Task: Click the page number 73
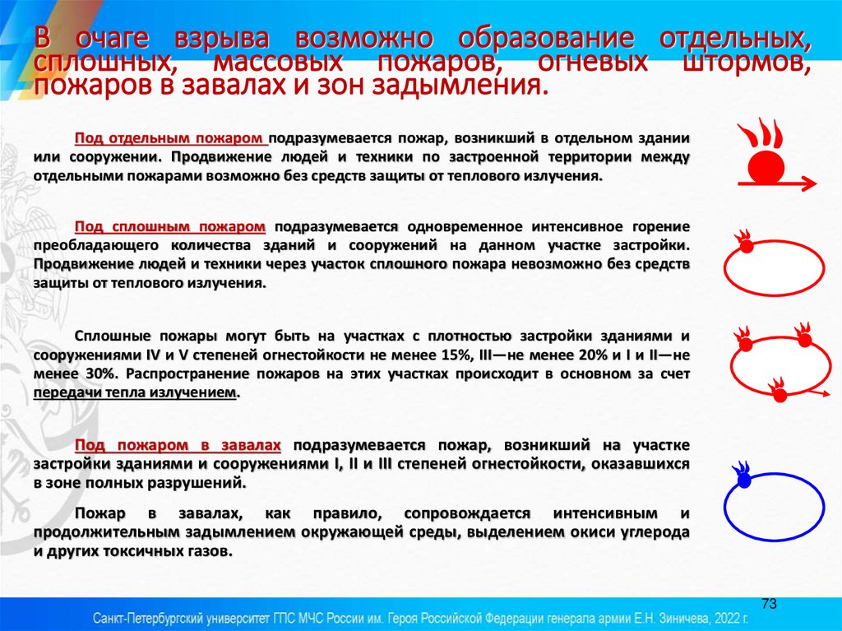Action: click(x=770, y=603)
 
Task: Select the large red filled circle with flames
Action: click(x=766, y=168)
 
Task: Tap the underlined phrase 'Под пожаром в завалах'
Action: click(x=178, y=445)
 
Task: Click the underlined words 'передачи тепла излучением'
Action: click(x=135, y=393)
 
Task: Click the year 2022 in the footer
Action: click(x=722, y=616)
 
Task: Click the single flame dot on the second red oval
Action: click(x=745, y=244)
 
